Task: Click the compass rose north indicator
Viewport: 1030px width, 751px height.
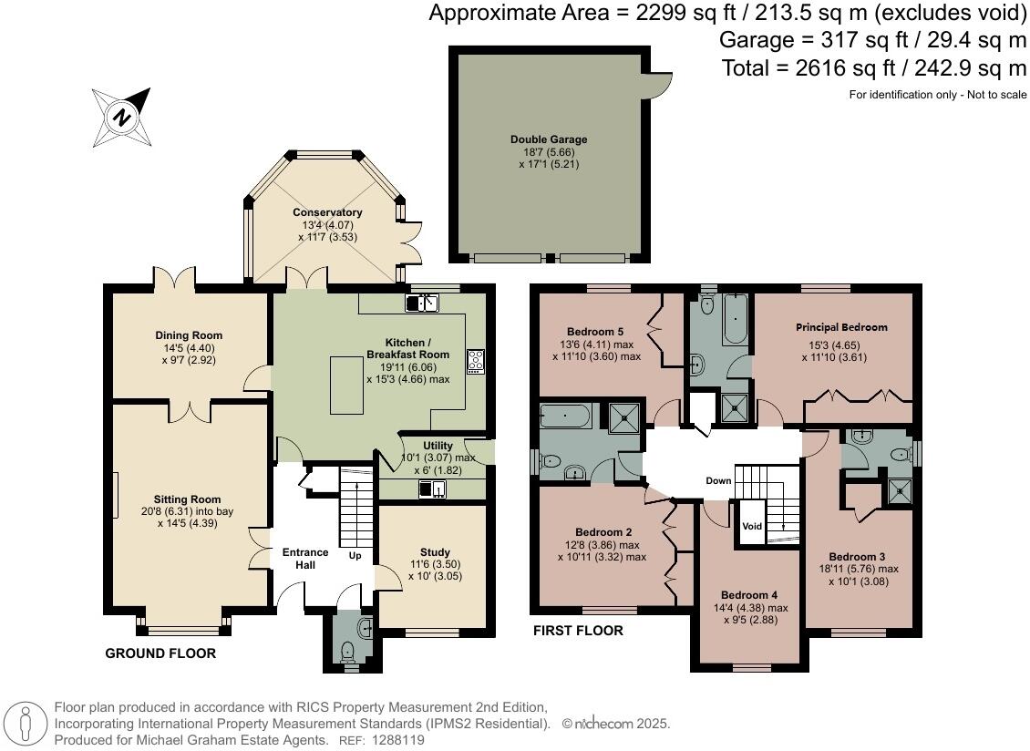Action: click(122, 117)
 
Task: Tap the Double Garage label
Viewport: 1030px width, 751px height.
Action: click(549, 139)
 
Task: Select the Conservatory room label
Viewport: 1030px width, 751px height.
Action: click(327, 212)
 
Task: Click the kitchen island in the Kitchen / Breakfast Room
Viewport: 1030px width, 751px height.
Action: click(347, 385)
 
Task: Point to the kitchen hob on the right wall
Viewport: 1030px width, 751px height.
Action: click(476, 362)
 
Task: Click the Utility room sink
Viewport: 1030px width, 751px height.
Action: click(432, 489)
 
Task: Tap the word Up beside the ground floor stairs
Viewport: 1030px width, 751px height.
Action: click(355, 556)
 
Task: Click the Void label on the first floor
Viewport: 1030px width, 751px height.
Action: click(752, 526)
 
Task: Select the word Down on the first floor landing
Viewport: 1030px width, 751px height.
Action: click(718, 480)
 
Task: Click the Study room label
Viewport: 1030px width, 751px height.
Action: click(435, 552)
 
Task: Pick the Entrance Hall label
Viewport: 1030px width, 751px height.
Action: click(305, 559)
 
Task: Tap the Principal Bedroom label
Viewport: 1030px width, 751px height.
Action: click(841, 327)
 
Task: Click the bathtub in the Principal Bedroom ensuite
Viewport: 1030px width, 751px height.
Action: click(735, 319)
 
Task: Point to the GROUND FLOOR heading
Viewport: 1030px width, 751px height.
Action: click(160, 653)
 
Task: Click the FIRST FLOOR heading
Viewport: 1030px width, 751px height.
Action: click(578, 631)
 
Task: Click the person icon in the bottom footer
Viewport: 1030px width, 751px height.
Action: click(25, 725)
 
